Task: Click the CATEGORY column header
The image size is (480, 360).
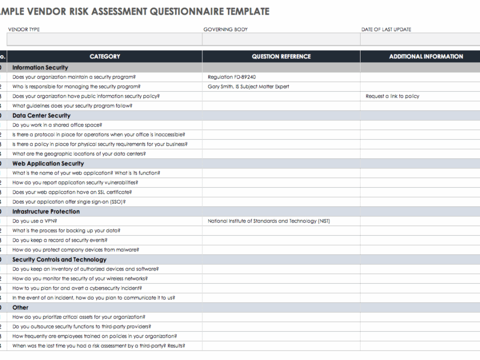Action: tap(105, 56)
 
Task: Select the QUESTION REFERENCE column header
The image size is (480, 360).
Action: tap(281, 56)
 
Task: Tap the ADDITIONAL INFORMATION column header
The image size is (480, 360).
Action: tap(425, 56)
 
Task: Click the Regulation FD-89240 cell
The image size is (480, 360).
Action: tap(231, 77)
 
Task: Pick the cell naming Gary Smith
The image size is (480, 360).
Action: tap(248, 87)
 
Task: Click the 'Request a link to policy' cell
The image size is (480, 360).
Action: tap(392, 96)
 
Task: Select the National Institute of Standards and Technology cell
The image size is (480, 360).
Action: tap(268, 221)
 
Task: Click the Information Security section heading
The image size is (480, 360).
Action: tap(40, 68)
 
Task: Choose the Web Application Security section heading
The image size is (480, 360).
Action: tap(48, 164)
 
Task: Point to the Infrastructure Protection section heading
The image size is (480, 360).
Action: tap(46, 212)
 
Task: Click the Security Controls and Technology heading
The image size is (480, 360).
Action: tap(59, 260)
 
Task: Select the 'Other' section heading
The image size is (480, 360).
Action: tap(20, 308)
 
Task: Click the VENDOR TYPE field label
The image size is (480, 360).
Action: tap(23, 29)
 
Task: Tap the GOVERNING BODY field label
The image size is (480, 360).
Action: tap(225, 29)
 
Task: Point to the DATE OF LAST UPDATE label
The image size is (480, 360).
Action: tap(386, 29)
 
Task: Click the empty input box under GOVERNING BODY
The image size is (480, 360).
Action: tap(281, 39)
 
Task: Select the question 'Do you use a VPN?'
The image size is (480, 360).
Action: tap(34, 221)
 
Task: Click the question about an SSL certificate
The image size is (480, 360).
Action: tap(71, 192)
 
